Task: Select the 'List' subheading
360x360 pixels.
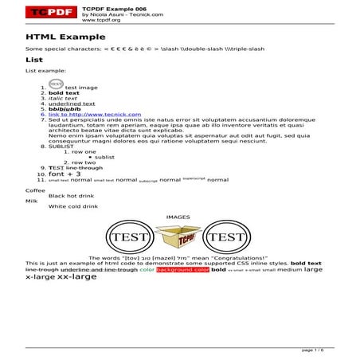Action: tap(33, 60)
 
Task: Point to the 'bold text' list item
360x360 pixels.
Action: tap(65, 93)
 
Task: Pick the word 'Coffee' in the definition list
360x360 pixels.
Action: tap(36, 190)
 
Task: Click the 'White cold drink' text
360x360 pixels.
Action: tap(73, 206)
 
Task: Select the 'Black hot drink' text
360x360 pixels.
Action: tap(72, 195)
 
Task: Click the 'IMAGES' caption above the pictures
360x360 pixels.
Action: tap(178, 217)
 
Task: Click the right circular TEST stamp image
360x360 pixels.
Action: tap(226, 237)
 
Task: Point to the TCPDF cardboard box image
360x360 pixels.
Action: tap(178, 237)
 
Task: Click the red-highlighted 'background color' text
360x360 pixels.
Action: tap(183, 270)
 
